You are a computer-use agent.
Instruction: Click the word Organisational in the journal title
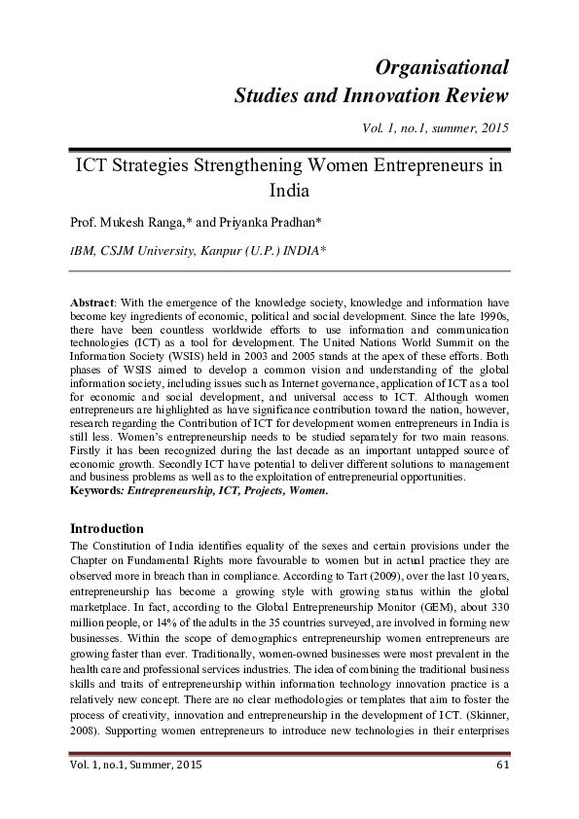click(443, 67)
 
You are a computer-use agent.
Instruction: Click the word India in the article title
click(289, 191)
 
